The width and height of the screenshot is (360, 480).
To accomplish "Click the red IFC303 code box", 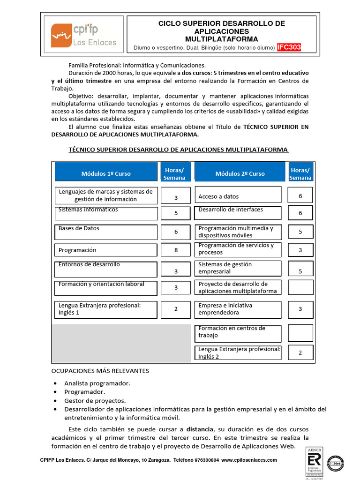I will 289,47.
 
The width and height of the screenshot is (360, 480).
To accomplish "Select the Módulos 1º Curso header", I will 106,173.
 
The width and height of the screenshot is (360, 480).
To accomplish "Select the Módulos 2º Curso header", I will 240,173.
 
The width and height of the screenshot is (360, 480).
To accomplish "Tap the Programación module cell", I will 105,250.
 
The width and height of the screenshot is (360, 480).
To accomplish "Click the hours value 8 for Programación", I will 176,250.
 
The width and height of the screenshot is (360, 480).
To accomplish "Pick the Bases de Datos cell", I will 105,232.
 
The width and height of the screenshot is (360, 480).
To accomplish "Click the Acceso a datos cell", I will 238,196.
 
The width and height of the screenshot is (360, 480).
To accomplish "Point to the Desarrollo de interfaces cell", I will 238,213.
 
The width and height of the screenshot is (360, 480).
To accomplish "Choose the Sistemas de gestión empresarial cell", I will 238,268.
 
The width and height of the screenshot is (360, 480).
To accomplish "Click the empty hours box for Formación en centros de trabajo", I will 300,332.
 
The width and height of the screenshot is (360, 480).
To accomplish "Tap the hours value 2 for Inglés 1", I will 176,309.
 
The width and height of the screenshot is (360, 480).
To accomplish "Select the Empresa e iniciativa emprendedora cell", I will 238,309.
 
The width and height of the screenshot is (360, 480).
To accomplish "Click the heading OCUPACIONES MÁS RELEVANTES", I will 100,371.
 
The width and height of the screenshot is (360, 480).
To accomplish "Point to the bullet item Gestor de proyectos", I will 95,401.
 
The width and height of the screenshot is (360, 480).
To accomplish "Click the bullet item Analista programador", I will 97,383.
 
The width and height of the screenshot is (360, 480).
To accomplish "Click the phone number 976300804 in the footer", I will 207,460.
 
